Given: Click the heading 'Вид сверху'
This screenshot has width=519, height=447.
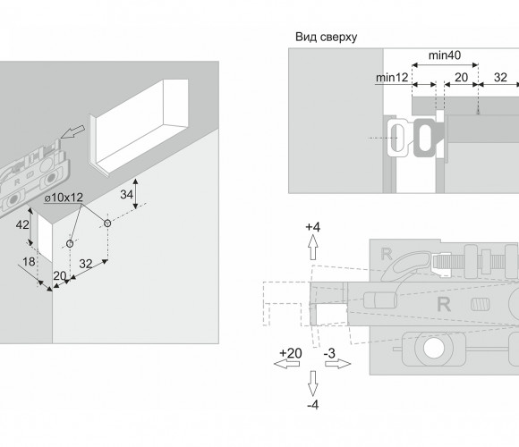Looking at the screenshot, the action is (326, 37).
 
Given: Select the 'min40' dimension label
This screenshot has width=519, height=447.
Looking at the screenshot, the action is (445, 55).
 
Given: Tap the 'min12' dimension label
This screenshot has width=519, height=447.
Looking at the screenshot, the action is (392, 78).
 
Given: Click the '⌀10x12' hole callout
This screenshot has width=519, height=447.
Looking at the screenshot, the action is (64, 198).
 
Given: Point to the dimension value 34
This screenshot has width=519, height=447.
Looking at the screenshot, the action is (126, 194).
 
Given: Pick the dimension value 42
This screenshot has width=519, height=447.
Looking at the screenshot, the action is (22, 224).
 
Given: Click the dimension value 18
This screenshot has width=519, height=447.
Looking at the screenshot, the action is (29, 262).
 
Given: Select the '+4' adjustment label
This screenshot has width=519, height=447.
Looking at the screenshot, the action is (313, 227).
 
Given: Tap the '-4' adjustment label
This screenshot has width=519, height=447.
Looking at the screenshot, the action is (313, 405).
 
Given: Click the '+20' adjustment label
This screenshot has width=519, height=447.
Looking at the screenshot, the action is (291, 353).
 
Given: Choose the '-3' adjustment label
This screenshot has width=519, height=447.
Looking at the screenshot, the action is (329, 353).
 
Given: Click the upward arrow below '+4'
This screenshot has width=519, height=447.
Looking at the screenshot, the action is (313, 248).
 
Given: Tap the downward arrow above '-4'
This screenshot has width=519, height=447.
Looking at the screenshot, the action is (313, 384).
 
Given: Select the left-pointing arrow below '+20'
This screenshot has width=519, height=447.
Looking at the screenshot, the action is (286, 364).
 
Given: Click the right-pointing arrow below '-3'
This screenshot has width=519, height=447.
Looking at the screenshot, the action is (338, 364).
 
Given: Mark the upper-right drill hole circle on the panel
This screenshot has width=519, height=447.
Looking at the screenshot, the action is (107, 223).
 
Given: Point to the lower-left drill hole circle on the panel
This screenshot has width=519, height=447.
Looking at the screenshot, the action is (70, 244).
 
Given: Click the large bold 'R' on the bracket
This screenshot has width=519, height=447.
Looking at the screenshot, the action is (444, 304).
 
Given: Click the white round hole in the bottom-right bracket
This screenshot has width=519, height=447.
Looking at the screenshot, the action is (434, 349).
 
